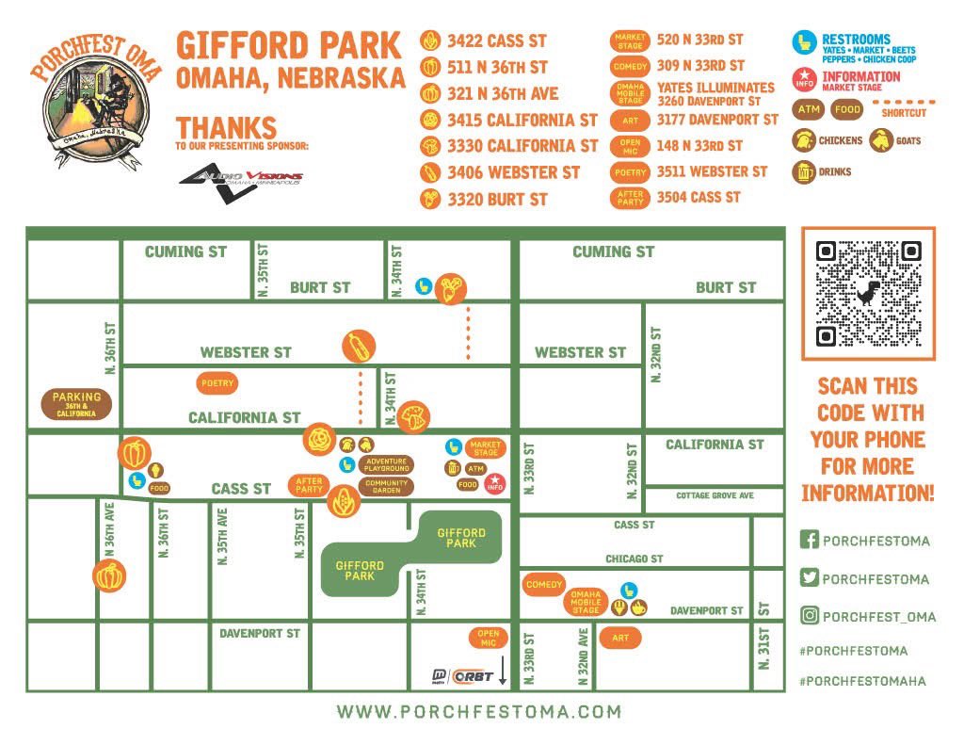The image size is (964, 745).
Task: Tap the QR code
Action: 868,293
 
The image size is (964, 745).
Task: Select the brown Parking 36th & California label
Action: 76,405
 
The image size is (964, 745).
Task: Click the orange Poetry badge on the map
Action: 217,383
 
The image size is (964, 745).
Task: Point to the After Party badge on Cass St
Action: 309,485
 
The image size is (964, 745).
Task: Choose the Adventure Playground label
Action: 386,464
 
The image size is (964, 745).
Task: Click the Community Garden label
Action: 386,486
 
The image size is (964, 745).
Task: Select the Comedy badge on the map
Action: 544,584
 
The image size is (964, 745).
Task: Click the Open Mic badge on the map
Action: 488,638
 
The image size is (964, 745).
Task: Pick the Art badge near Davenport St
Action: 619,638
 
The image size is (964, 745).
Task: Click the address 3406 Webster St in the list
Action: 513,172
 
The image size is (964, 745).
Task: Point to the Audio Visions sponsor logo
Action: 241,180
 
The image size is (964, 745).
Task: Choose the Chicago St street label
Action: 634,559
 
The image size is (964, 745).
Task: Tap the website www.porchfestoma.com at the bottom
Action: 479,711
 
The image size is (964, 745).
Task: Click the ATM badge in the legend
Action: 808,110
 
